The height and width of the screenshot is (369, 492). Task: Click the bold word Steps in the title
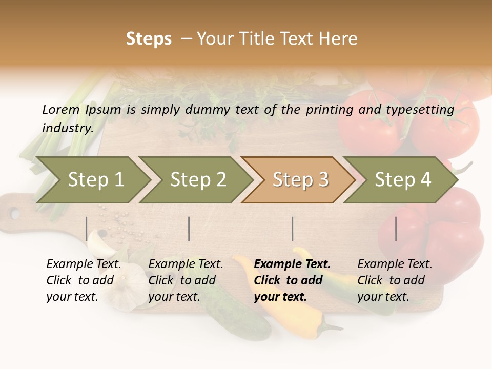pos(149,39)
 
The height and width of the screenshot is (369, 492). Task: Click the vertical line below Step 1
pos(87,229)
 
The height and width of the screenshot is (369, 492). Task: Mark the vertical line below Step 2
pos(189,229)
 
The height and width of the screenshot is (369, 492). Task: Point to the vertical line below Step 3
pos(292,229)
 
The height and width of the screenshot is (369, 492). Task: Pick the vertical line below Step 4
pos(396,229)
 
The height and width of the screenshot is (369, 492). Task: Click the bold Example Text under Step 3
pos(292,264)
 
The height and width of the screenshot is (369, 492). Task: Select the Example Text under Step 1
pos(84,264)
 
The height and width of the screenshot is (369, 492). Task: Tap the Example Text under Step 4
pos(395,264)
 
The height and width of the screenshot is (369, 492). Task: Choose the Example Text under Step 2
pos(186,264)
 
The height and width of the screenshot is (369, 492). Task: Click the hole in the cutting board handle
pos(15,213)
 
